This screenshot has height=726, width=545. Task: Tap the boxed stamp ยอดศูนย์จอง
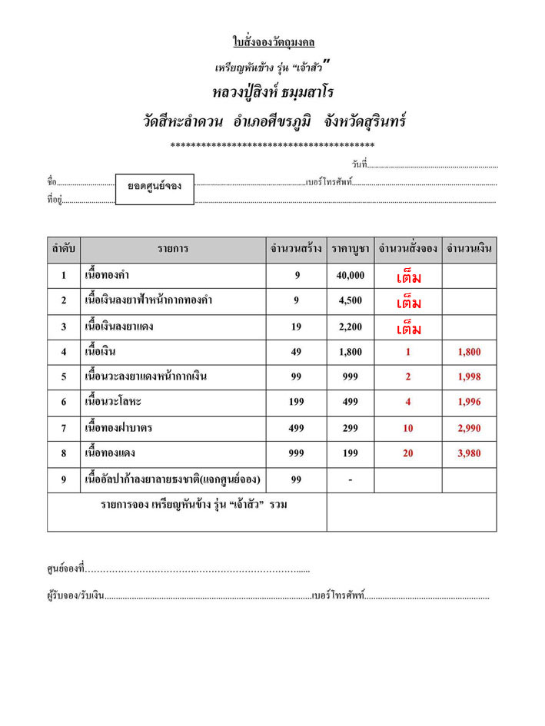[155, 187]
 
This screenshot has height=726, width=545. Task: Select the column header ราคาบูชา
[351, 249]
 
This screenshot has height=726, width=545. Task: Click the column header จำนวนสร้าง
[296, 249]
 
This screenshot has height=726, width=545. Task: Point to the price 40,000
[351, 275]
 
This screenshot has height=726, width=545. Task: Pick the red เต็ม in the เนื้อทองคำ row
[408, 277]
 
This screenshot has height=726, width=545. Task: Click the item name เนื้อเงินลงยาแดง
[119, 327]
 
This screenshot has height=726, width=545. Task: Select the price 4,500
[351, 300]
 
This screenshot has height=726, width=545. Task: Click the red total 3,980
[468, 453]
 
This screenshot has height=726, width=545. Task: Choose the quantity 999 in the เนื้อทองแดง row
[296, 453]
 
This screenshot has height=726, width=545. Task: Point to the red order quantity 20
[408, 453]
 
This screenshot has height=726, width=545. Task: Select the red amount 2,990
[468, 428]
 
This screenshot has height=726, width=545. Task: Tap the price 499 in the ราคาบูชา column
[351, 402]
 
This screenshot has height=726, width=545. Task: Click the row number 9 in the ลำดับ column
[63, 479]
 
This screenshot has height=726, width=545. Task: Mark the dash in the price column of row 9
[351, 480]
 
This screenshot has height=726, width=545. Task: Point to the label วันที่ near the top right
[360, 164]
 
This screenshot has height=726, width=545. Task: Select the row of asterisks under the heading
[273, 144]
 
